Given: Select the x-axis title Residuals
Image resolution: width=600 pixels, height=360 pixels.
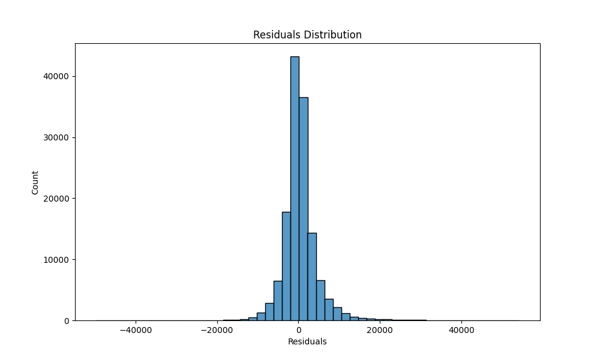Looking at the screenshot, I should (x=307, y=341).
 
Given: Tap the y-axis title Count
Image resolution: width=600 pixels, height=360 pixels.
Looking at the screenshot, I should (x=35, y=182).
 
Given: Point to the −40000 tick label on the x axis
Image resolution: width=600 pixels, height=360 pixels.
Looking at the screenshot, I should (x=136, y=329).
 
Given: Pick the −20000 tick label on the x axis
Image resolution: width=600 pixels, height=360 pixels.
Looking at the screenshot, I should (x=217, y=329).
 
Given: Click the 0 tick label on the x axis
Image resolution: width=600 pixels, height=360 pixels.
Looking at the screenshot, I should (x=298, y=329).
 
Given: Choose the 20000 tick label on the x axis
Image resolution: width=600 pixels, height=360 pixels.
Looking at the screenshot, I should (x=380, y=329).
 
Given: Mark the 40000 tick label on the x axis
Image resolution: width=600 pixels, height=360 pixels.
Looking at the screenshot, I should (x=461, y=329).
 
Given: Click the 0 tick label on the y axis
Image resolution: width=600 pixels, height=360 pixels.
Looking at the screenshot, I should (x=67, y=320).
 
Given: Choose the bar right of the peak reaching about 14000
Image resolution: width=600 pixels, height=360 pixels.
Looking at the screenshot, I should (x=312, y=277).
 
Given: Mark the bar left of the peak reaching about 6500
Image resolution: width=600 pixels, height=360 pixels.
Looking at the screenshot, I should (x=278, y=301).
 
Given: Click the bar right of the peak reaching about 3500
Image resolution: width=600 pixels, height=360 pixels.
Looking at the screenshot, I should (x=329, y=310).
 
